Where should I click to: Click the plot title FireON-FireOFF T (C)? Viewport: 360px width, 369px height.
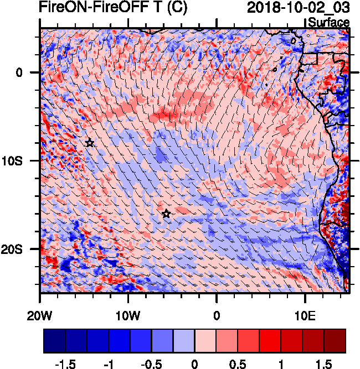113,8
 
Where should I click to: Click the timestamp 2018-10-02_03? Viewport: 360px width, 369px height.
298,8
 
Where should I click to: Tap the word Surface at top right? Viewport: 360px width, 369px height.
328,23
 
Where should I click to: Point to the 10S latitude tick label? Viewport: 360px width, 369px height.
23,160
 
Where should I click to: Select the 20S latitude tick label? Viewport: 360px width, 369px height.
23,249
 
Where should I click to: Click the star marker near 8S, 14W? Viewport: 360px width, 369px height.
90,143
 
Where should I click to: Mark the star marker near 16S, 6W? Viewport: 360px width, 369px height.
166,214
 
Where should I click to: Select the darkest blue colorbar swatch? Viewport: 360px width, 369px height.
54,341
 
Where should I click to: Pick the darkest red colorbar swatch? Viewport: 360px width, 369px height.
335,341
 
